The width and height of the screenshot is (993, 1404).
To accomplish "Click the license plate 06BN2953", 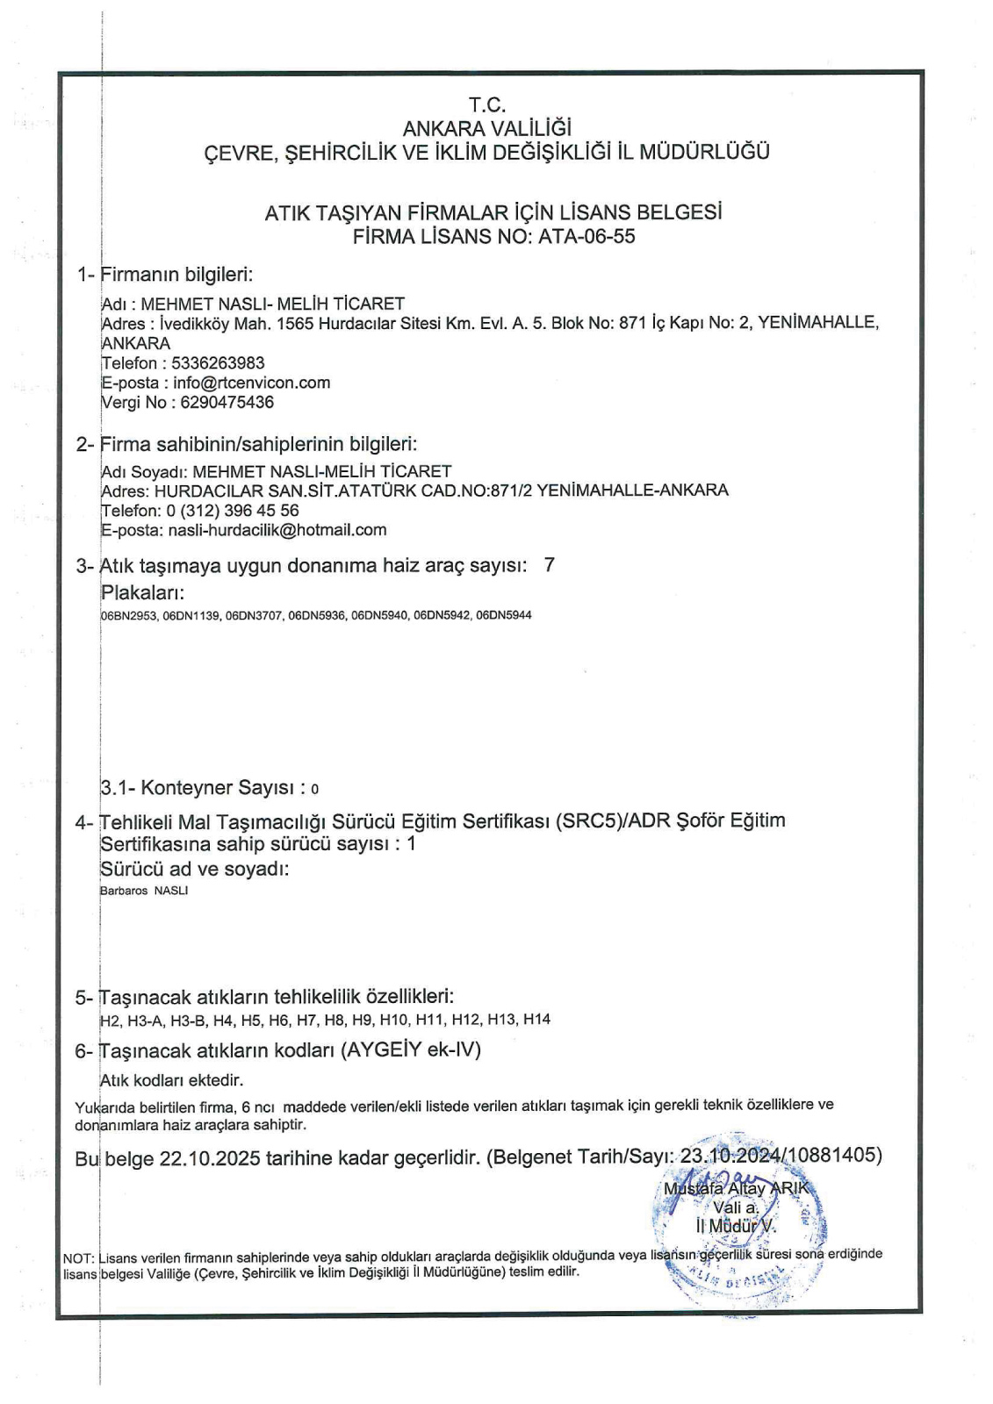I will click(x=129, y=615).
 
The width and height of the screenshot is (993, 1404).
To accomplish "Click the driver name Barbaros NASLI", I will click(x=145, y=891).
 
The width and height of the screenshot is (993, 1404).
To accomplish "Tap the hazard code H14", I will click(x=536, y=1020).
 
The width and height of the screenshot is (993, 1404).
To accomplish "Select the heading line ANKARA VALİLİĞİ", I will click(x=486, y=129).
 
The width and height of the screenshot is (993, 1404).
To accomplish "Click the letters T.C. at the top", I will click(x=487, y=106).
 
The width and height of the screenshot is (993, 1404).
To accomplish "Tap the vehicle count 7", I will click(x=550, y=565).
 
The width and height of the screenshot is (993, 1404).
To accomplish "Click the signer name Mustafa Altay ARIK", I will click(x=740, y=1190).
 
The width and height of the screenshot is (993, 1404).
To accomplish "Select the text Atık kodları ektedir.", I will click(x=171, y=1080).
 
